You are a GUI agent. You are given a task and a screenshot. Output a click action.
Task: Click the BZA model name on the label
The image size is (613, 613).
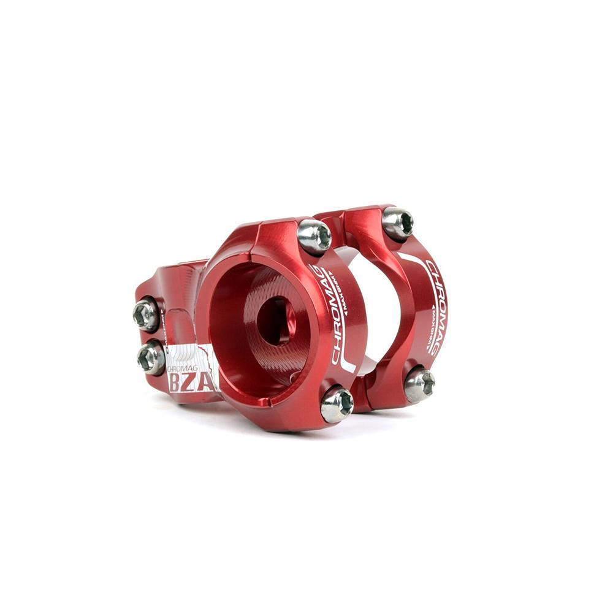[191, 383]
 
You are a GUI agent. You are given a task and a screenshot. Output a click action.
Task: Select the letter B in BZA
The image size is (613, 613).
[175, 383]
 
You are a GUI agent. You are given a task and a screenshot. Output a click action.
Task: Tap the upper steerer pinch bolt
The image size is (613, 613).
[147, 314]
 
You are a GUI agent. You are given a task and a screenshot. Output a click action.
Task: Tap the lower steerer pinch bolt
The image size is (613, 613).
[151, 358]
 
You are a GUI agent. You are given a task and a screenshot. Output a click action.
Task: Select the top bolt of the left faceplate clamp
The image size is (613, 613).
[314, 237]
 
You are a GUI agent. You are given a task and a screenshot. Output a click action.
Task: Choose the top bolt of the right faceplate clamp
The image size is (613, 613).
[398, 223]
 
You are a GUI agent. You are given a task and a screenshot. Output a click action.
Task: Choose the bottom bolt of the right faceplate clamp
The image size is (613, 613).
[420, 384]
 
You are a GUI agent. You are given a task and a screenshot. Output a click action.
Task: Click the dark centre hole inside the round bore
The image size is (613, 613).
[275, 319]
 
